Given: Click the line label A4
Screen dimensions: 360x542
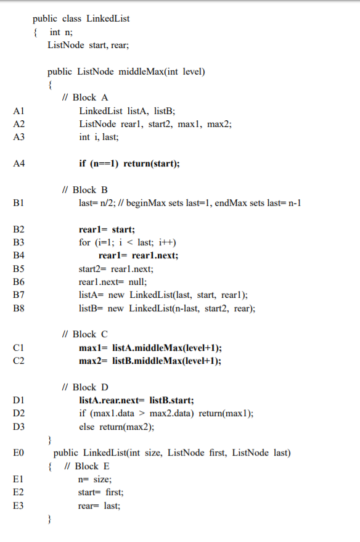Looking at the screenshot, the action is pos(18,163).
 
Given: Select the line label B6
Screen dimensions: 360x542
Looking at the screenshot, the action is pos(18,282).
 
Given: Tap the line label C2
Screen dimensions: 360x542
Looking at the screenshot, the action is pos(18,361).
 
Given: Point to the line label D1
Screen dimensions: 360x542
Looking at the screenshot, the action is pos(18,401).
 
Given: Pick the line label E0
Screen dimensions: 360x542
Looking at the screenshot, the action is pos(18,453).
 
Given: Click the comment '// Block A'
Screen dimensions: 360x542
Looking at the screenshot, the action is pos(86,97).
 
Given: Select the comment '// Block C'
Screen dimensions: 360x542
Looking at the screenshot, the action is pos(86,334).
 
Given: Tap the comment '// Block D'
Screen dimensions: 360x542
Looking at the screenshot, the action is pos(86,387).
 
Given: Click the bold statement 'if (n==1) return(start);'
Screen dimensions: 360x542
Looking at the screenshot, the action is pos(129,163).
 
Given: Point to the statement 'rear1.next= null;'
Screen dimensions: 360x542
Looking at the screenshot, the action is pos(113,282).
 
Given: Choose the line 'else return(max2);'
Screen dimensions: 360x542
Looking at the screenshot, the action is pos(117,427).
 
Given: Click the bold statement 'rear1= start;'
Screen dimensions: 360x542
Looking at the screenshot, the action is pos(107,229).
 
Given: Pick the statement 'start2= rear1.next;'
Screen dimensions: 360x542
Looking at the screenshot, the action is pos(116,269).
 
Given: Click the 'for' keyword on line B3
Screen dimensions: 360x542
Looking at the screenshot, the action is pos(84,242).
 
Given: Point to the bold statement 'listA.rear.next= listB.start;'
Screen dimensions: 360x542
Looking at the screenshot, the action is pos(137,401).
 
